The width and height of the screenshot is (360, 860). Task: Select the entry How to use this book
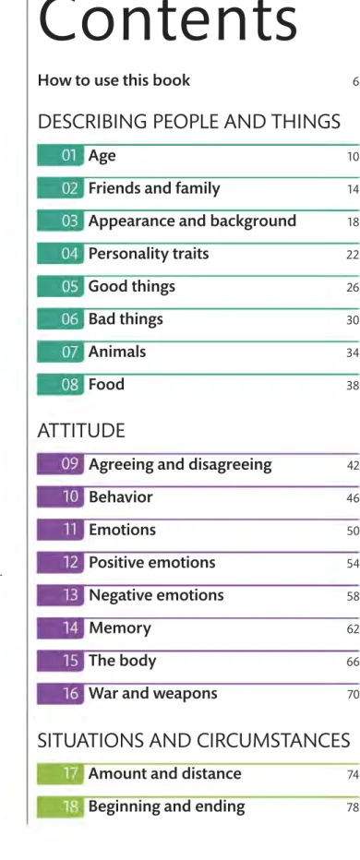114,80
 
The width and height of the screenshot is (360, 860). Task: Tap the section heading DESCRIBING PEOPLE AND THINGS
189,121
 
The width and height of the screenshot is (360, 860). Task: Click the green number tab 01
60,156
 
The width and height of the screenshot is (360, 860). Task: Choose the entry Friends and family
154,188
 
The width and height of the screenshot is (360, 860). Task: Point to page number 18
353,222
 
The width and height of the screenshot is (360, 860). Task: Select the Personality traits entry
149,254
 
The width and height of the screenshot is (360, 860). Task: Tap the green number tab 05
60,287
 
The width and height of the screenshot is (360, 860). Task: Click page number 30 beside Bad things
353,320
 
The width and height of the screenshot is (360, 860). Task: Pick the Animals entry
117,351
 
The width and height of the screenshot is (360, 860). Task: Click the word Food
106,384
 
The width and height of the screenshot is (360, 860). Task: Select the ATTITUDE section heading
81,431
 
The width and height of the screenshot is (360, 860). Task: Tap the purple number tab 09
60,464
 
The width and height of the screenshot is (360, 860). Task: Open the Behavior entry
121,497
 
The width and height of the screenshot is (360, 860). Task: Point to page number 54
353,564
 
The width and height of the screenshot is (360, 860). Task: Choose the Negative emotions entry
156,595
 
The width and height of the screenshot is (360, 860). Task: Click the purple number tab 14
60,628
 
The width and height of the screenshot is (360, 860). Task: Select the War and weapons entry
153,694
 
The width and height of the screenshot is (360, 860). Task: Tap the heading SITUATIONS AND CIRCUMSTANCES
194,741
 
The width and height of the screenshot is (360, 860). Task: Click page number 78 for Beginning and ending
353,808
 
